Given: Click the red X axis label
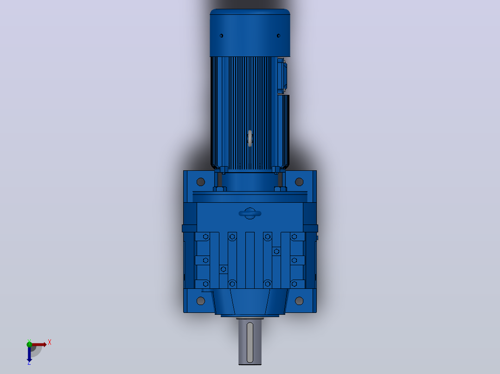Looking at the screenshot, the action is pos(50,343).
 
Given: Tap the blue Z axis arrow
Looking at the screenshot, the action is pos(29,354).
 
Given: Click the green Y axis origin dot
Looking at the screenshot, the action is pos(29,344).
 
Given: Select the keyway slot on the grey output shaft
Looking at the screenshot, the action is pos(250,343).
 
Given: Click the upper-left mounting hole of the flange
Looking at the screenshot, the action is pos(200,182).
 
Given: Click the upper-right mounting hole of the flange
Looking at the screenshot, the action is pos(299,182).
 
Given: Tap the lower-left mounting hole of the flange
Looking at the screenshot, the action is pos(200,301).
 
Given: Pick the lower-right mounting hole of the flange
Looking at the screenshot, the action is pos(299,301).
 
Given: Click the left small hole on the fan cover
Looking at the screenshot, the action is pos(221,36).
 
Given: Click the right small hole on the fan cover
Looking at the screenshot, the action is pos(278,36).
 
